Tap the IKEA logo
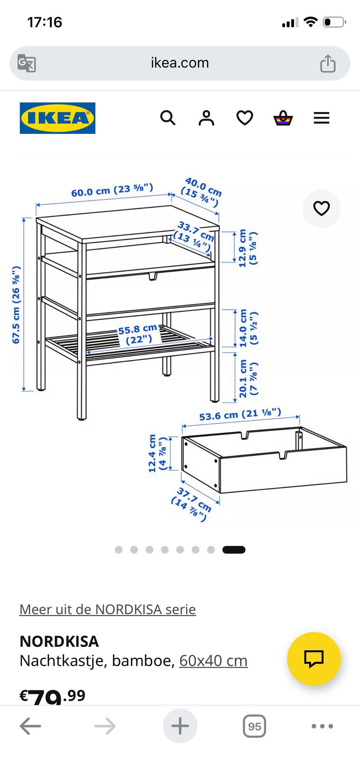(x=57, y=118)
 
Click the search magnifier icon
(x=168, y=118)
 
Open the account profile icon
(x=206, y=118)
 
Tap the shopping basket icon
(x=283, y=118)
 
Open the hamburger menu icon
(x=321, y=118)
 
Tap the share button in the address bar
(x=328, y=63)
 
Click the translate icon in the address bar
(x=27, y=63)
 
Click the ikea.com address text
(x=180, y=63)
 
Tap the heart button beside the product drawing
(x=321, y=208)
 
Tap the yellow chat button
(x=314, y=659)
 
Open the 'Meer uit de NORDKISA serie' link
(x=108, y=609)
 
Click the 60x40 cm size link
(x=213, y=661)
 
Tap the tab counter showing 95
(x=255, y=726)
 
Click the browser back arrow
(x=30, y=726)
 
